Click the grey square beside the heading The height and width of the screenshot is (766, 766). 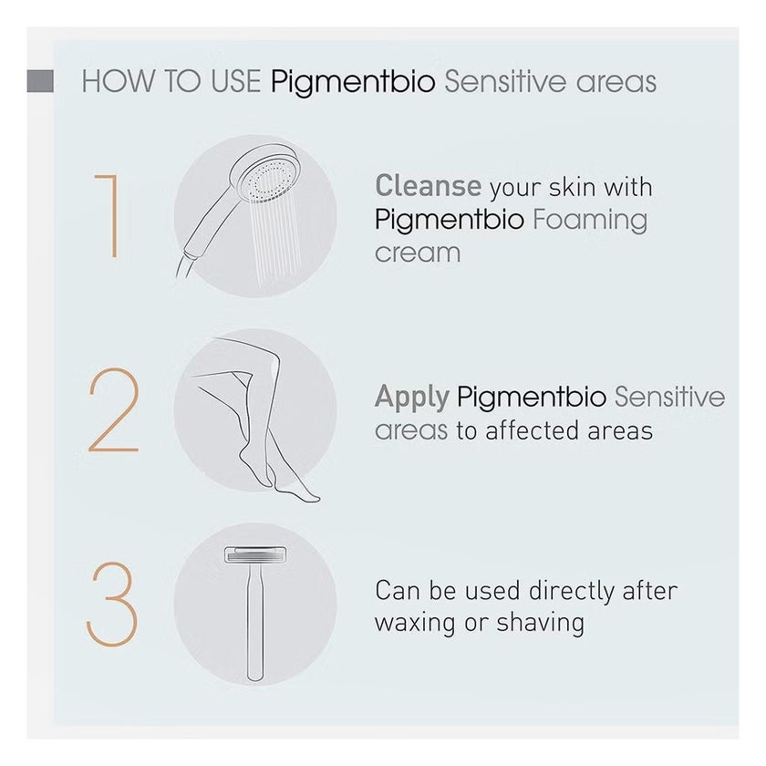pyautogui.click(x=40, y=81)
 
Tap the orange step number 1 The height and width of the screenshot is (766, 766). pyautogui.click(x=108, y=215)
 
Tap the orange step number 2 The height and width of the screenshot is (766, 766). pyautogui.click(x=114, y=409)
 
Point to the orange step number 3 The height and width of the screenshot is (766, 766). pyautogui.click(x=112, y=604)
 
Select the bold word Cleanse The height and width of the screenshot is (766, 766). pyautogui.click(x=429, y=186)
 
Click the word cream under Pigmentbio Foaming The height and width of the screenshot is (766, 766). pyautogui.click(x=418, y=254)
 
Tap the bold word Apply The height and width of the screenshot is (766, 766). pyautogui.click(x=412, y=399)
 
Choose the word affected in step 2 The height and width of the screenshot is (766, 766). pyautogui.click(x=532, y=430)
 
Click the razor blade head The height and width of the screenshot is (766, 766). pyautogui.click(x=255, y=555)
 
